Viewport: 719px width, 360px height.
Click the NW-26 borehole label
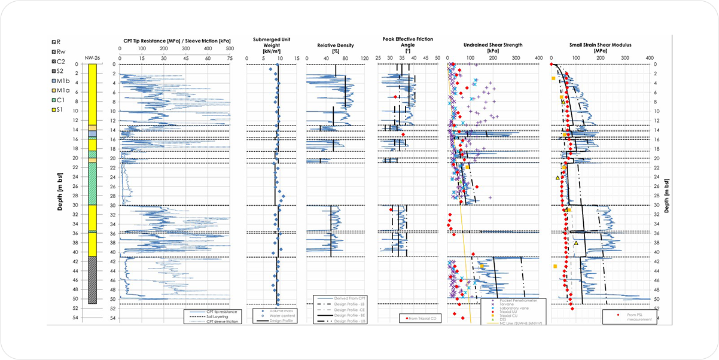tap(92, 57)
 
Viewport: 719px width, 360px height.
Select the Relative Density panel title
tap(335, 45)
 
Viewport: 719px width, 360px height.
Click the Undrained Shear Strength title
tap(493, 45)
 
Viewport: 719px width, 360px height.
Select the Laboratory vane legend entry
tap(507, 309)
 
